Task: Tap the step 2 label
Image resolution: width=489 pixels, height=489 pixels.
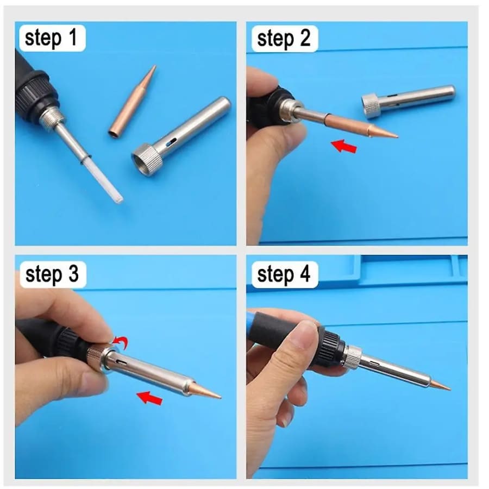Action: [x=283, y=39]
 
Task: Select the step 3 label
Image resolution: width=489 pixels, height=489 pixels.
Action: [x=52, y=275]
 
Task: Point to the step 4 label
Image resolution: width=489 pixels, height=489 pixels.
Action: [x=284, y=275]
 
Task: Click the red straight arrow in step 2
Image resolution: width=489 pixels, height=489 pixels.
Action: [x=344, y=146]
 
